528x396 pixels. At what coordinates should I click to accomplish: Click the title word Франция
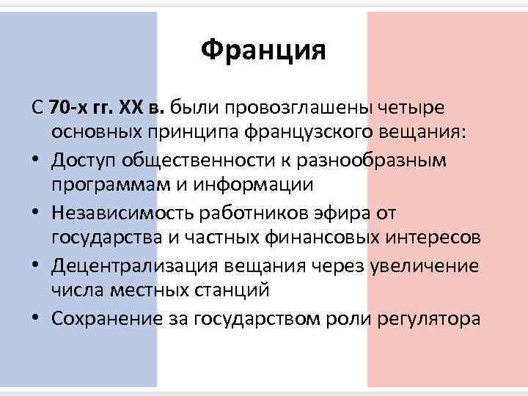[263, 51]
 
